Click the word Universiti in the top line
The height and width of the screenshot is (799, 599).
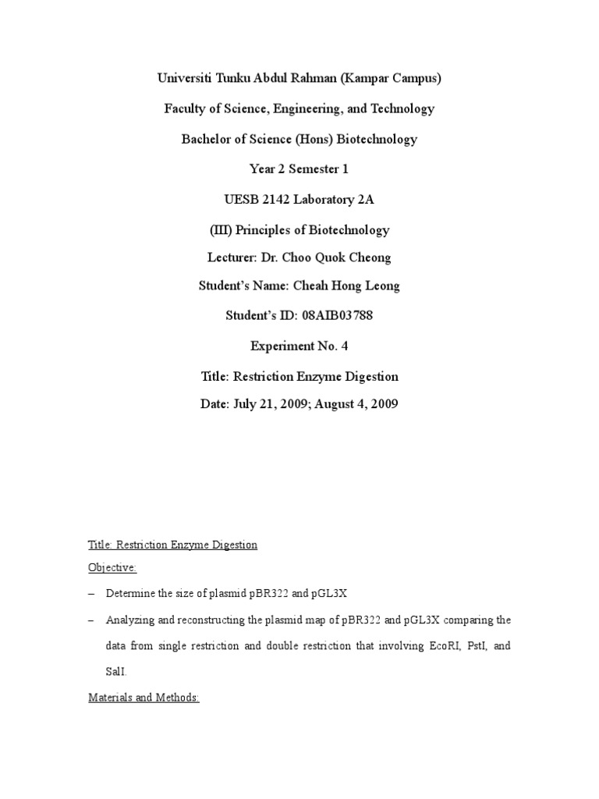186,78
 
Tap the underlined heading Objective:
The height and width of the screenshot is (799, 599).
112,570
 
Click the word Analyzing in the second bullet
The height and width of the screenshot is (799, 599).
131,620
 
